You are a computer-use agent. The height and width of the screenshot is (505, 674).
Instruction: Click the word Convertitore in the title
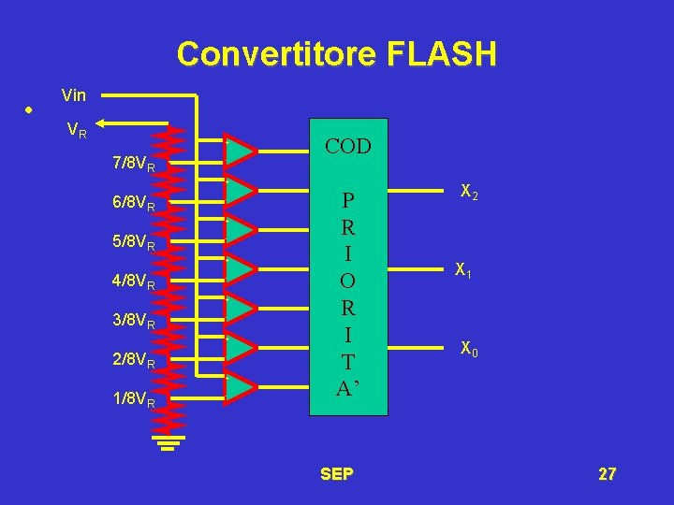pos(268,54)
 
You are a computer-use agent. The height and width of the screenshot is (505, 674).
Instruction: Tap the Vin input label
pos(73,94)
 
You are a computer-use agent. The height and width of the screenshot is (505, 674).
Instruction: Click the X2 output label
pos(469,192)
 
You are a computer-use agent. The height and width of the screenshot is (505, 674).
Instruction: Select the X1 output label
pos(462,271)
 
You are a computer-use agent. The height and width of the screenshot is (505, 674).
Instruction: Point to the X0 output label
pos(469,350)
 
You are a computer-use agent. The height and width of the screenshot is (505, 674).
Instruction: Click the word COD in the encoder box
pos(347,147)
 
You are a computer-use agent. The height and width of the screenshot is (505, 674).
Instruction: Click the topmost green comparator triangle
pos(240,150)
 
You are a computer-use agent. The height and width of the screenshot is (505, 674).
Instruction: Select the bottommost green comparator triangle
pos(240,385)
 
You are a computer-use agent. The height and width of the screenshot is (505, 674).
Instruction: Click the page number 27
pos(607,474)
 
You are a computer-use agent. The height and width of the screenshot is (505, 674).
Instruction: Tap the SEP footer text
pos(336,474)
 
